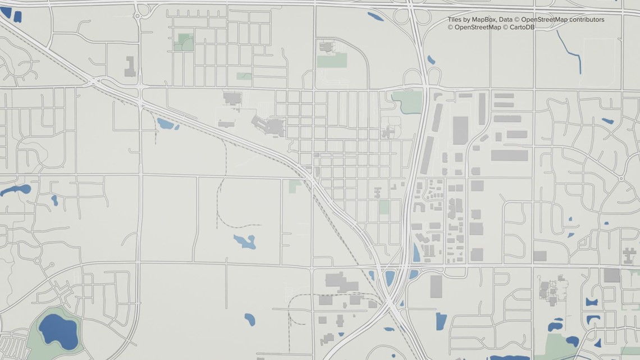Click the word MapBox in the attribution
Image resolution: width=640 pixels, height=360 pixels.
[x=484, y=20]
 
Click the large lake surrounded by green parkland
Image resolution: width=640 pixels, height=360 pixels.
[x=58, y=330]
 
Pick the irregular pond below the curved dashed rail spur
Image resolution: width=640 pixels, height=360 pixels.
[x=245, y=241]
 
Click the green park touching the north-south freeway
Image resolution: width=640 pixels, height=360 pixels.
[x=408, y=102]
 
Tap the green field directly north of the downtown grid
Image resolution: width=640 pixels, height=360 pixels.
[x=331, y=61]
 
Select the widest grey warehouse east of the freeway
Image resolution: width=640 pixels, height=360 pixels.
[x=509, y=155]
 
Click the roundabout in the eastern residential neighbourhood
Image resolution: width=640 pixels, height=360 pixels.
[x=621, y=179]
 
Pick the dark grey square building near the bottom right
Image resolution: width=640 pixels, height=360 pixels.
[x=612, y=275]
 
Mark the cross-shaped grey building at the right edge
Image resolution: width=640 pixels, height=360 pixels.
[x=629, y=257]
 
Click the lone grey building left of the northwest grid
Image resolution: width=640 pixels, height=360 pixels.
[x=130, y=66]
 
